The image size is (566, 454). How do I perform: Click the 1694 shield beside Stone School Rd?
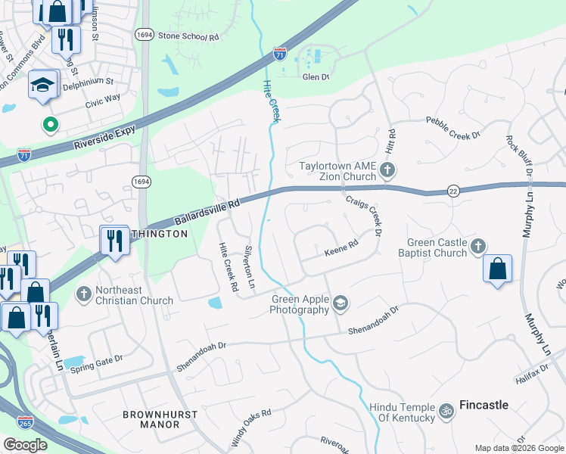tap(144, 35)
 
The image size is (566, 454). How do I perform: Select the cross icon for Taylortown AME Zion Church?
tap(387, 169)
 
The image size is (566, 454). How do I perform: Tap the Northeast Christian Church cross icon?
tap(83, 292)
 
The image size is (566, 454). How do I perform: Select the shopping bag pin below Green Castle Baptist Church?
tap(497, 269)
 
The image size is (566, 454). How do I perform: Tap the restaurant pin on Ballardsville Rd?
tap(114, 241)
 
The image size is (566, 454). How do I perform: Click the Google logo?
tap(26, 445)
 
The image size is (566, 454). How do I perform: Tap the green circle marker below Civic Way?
tap(51, 124)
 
